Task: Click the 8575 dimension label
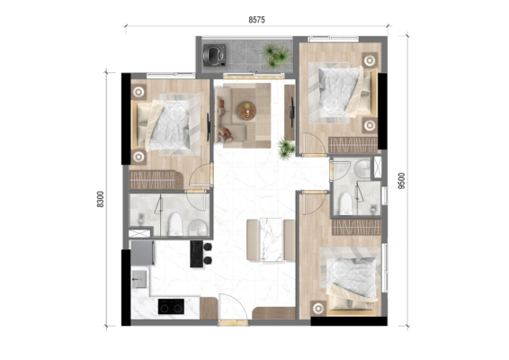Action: (257, 20)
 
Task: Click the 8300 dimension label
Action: (101, 199)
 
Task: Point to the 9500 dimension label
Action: (402, 181)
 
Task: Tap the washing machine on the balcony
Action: (214, 55)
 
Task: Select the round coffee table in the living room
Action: (247, 111)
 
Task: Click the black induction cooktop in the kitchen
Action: (171, 306)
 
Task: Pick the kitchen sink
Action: (139, 279)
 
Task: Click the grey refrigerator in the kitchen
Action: (142, 253)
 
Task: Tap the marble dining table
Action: (271, 239)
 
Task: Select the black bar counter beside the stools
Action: (196, 254)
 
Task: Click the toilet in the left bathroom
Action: (175, 224)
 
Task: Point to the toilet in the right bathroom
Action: (345, 203)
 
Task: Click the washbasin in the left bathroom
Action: (197, 228)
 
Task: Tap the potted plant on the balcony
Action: (277, 55)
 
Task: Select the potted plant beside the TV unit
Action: (286, 148)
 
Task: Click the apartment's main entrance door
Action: (233, 309)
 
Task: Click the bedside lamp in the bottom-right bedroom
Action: (318, 308)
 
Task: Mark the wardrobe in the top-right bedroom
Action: (353, 145)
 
